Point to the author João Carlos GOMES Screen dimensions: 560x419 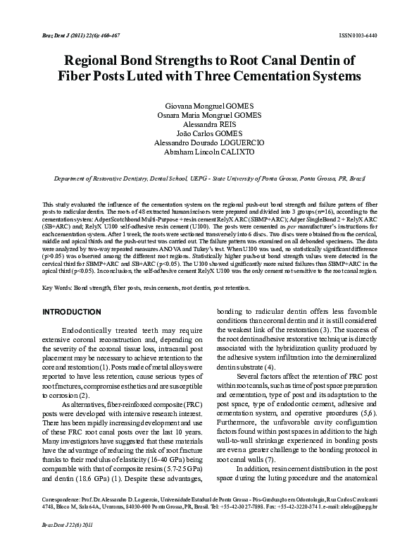pyautogui.click(x=209, y=133)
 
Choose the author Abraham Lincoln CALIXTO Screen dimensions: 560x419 pyautogui.click(x=209, y=152)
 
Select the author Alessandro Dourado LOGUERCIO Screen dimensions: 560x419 pyautogui.click(x=209, y=142)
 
